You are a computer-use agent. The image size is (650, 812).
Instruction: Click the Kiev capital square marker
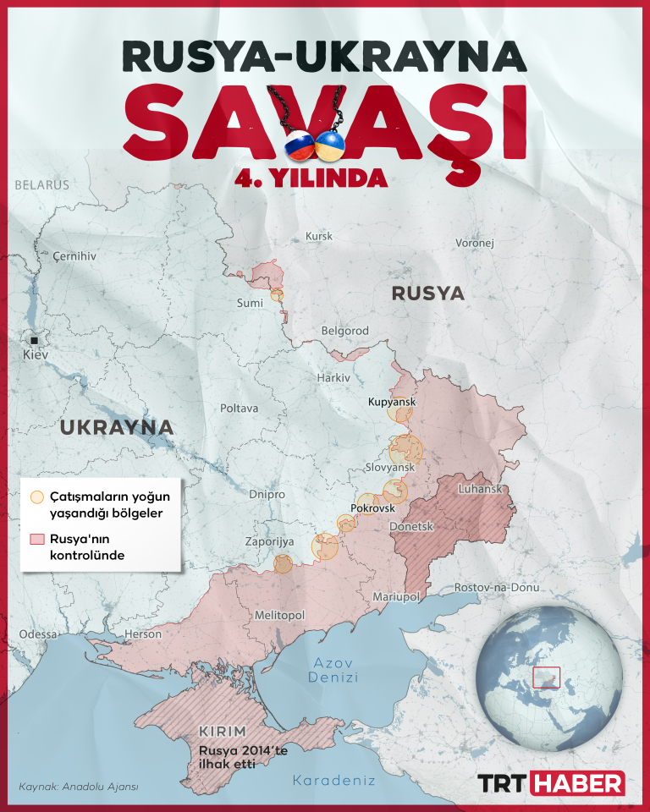[x=35, y=339]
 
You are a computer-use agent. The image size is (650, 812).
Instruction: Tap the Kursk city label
[x=319, y=237]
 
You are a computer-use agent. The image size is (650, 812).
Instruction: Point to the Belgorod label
[x=344, y=331]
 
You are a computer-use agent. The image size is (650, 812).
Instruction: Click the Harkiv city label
[x=333, y=377]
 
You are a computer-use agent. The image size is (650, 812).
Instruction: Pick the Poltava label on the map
[x=239, y=409]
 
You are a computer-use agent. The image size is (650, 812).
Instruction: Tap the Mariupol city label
[x=396, y=597]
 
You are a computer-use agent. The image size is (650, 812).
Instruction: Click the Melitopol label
[x=279, y=616]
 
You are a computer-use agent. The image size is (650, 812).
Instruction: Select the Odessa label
[x=38, y=634]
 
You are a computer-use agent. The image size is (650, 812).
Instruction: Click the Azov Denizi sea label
[x=333, y=670]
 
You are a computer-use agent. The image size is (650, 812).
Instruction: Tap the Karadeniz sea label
[x=333, y=780]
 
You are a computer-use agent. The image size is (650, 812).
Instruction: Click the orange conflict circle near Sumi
[x=277, y=295]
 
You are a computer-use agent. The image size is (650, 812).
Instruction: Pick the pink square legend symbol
[x=36, y=540]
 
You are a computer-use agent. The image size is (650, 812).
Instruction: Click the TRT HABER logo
[x=552, y=783]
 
